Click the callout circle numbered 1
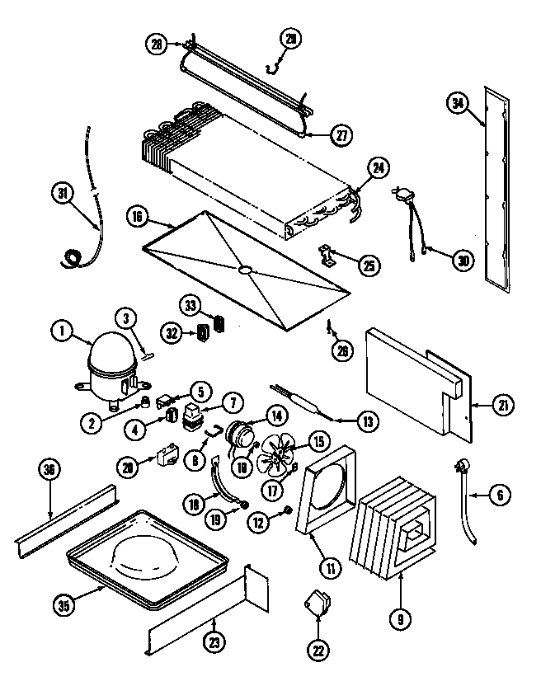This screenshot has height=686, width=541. click(x=61, y=332)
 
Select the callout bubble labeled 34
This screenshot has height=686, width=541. click(x=459, y=103)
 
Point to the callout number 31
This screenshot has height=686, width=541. click(x=61, y=194)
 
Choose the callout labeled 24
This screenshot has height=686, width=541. click(x=378, y=168)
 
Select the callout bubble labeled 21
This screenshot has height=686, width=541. click(x=502, y=404)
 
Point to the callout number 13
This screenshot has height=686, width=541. click(x=368, y=421)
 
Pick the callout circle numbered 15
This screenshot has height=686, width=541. click(x=318, y=441)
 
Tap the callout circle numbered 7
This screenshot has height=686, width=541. click(x=233, y=404)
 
